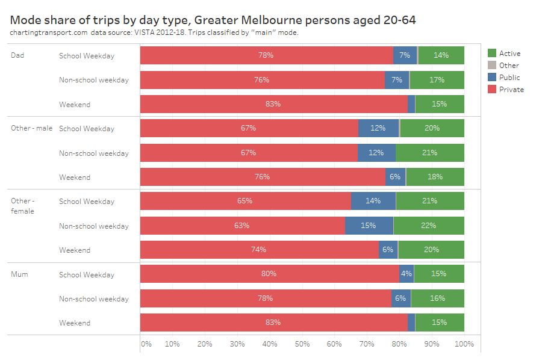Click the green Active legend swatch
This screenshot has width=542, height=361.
491,54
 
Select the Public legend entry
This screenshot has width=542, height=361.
509,78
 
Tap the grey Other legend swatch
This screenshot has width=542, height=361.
491,66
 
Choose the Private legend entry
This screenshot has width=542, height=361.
511,90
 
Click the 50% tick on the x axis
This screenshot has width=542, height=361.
302,344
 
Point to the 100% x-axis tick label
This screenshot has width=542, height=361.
464,344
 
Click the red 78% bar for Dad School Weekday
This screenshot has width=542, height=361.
266,55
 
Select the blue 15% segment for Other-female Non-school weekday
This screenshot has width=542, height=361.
369,226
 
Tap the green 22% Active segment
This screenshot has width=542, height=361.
429,226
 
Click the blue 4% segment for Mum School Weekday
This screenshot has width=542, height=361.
406,274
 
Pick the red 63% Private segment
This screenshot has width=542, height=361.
242,226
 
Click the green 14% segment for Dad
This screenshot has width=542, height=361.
441,55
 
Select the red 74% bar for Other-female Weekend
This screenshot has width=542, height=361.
259,250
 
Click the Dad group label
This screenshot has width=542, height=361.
17,55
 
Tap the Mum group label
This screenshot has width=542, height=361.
19,274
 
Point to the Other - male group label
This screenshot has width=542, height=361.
31,128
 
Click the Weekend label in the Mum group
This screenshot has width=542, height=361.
75,323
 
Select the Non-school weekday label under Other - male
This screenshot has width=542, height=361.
93,153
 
